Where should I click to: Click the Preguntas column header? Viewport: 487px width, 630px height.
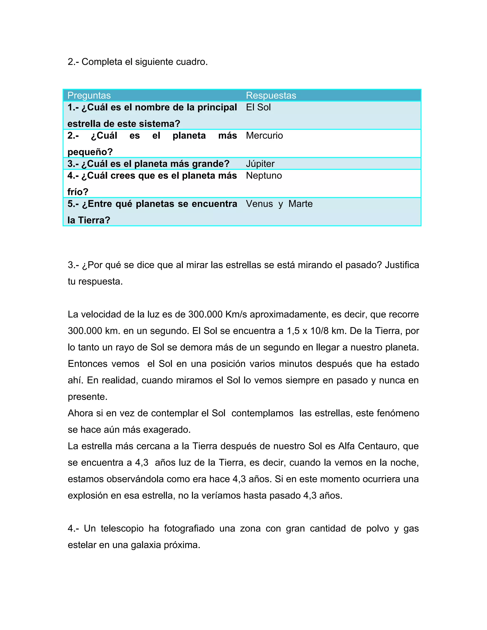[x=89, y=96]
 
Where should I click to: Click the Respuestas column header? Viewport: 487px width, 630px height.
[x=271, y=96]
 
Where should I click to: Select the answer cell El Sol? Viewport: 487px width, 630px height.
[x=258, y=107]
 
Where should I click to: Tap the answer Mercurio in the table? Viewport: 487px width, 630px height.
[x=264, y=136]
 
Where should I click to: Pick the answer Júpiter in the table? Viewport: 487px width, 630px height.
[x=260, y=164]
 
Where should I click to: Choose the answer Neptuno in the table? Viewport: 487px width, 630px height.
[x=264, y=175]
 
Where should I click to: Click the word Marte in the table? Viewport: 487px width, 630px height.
[x=300, y=204]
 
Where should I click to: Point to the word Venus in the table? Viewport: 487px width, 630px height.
[x=259, y=204]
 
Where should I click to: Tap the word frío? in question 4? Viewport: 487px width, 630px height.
[x=78, y=192]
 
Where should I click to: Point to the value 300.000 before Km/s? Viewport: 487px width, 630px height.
[x=205, y=315]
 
